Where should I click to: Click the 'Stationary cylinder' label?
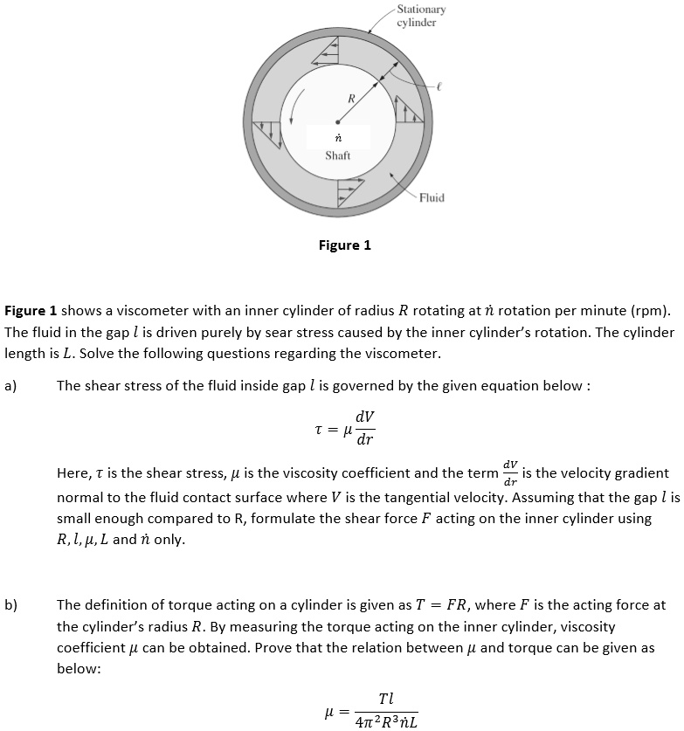pyautogui.click(x=420, y=16)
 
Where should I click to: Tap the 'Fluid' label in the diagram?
pyautogui.click(x=432, y=197)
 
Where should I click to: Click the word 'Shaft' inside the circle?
pyautogui.click(x=337, y=155)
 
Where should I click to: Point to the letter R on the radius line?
pyautogui.click(x=350, y=98)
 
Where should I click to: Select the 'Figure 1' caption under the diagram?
pyautogui.click(x=344, y=245)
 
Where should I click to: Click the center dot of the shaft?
pyautogui.click(x=337, y=121)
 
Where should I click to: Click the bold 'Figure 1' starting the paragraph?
pyautogui.click(x=31, y=311)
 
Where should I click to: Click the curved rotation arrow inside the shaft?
pyautogui.click(x=300, y=109)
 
